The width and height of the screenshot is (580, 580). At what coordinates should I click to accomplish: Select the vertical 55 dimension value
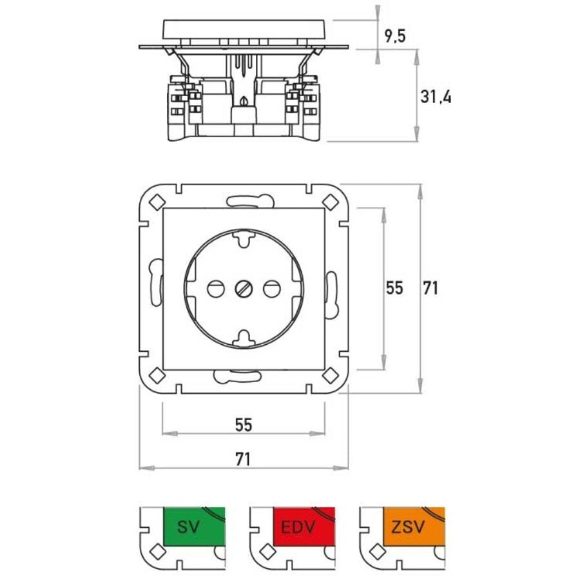click(394, 287)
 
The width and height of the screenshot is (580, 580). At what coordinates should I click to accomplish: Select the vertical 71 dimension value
click(430, 287)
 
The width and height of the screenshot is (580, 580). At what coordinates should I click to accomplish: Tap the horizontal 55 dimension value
click(243, 425)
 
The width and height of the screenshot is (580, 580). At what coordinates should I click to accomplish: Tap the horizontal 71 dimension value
click(243, 459)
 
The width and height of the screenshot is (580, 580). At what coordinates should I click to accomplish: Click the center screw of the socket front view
click(244, 288)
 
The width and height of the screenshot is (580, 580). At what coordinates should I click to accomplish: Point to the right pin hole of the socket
click(272, 288)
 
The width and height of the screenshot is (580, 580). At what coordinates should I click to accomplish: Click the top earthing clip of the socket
click(244, 238)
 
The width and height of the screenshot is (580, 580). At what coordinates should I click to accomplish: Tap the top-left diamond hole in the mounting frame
click(157, 201)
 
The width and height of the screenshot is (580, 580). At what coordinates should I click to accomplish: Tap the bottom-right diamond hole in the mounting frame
click(331, 374)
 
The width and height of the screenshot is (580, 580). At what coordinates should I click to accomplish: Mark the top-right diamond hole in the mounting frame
click(331, 201)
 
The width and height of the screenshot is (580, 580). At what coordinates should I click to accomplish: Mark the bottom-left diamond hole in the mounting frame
click(157, 374)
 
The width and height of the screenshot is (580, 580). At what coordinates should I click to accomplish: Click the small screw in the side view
click(244, 101)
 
